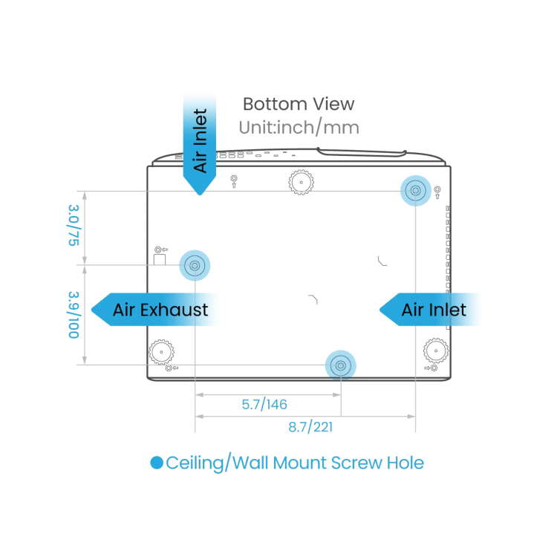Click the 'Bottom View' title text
(299, 104)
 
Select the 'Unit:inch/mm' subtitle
(299, 128)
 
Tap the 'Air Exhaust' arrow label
(156, 310)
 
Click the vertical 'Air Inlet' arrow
(200, 144)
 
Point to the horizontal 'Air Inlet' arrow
(430, 310)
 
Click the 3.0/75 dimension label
(74, 225)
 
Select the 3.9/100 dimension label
(74, 315)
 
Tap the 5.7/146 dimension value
(264, 404)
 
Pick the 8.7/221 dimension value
(310, 426)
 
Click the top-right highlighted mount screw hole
(416, 191)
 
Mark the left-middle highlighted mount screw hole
(195, 265)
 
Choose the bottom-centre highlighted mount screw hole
(341, 365)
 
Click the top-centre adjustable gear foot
(302, 182)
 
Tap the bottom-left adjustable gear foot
(161, 352)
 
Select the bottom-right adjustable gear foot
(436, 351)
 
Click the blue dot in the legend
(157, 463)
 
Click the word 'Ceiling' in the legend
(195, 463)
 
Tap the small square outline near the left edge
(160, 259)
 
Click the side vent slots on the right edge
(449, 267)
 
